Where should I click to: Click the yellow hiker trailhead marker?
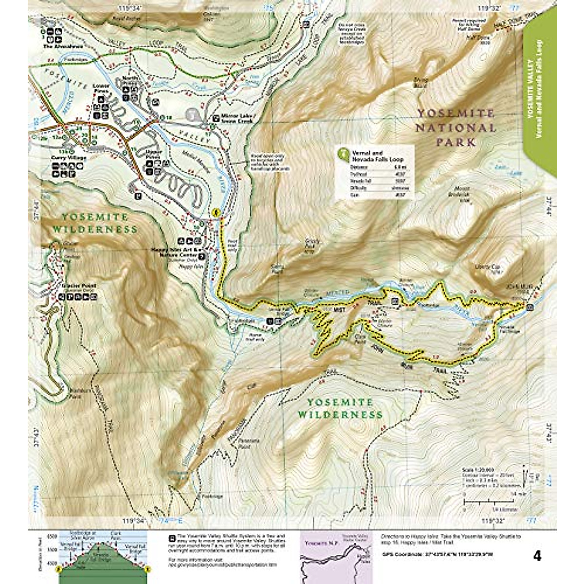pos(217,213)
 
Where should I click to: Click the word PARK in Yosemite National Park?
pos(456,143)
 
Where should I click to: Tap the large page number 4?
pos(537,556)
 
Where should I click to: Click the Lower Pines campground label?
pos(101,89)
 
